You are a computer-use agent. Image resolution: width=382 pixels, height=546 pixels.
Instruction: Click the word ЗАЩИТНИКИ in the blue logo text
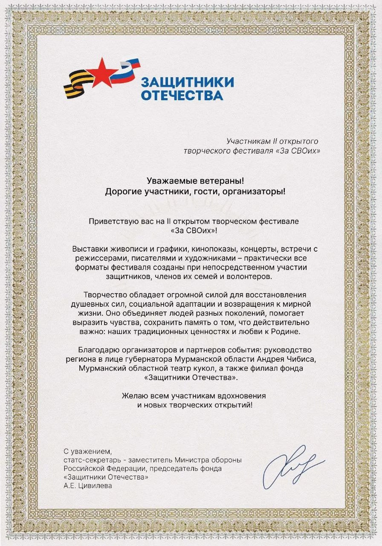coord(187,82)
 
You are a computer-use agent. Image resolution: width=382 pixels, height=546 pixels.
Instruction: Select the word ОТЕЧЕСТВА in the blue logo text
coord(182,95)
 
